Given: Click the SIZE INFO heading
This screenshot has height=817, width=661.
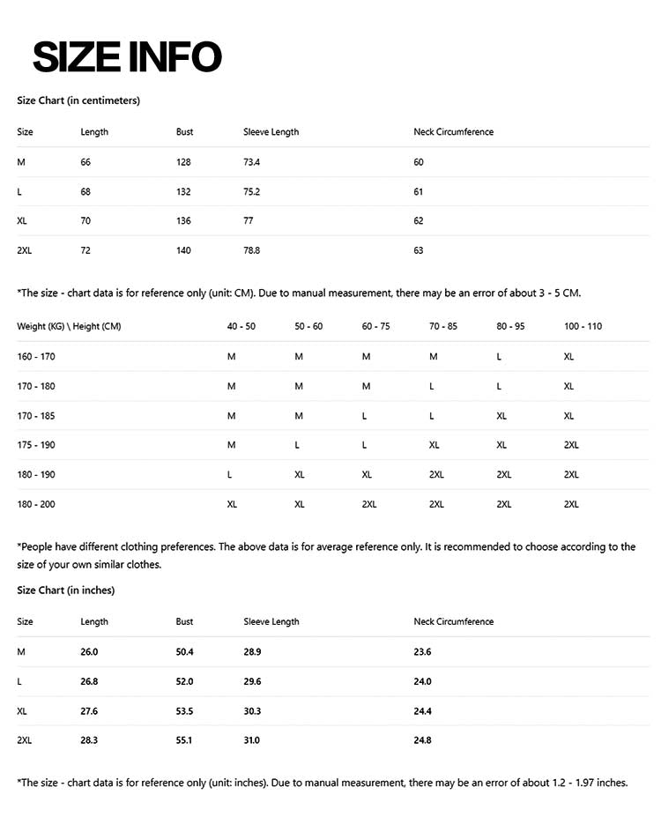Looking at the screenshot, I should tap(127, 57).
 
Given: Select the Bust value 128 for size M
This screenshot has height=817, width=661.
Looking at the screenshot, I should tap(183, 162).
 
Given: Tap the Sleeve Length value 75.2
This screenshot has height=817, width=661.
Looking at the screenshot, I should tap(252, 191).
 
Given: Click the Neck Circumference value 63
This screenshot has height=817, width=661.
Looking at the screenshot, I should tap(419, 250).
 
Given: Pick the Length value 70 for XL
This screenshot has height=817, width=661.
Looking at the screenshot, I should tap(85, 221).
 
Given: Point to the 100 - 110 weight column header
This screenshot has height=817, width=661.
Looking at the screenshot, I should tap(583, 326).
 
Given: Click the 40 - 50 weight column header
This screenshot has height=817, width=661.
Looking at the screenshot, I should tap(241, 326).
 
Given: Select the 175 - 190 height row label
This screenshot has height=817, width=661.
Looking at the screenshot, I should tap(36, 445).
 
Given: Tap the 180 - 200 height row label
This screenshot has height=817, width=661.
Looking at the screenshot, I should tap(36, 504).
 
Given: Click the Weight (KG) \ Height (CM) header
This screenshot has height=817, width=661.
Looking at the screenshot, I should tap(69, 326).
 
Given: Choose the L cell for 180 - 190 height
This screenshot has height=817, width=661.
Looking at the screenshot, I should tap(230, 475).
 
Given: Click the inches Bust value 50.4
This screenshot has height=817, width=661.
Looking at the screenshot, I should tap(185, 652).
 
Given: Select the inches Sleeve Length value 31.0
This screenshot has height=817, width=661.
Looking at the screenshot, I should tap(252, 740).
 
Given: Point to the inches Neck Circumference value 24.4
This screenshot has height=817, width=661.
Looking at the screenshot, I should tap(422, 711).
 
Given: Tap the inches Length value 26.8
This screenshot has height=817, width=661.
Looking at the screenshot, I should tap(89, 681).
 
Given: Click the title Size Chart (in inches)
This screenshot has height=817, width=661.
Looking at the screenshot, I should tap(66, 590).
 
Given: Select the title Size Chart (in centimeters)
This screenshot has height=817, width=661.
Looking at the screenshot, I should tap(78, 100).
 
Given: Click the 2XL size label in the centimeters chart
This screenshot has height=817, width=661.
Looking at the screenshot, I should tap(25, 250).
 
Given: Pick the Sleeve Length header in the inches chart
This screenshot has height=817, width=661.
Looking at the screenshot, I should tap(271, 621).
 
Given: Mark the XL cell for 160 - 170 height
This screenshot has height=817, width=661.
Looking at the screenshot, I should tap(568, 356).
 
